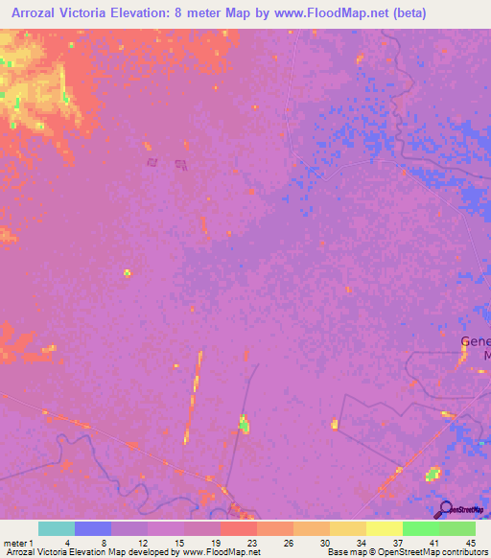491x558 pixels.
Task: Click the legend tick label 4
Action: tap(66, 542)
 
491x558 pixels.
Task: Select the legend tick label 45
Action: tap(470, 542)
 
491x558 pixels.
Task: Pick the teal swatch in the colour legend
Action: tap(57, 528)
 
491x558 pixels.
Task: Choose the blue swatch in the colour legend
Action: tap(93, 528)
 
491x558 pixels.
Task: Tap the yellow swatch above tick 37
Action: tap(384, 528)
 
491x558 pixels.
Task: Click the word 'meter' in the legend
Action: tap(15, 542)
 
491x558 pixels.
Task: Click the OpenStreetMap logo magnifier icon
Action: tap(443, 509)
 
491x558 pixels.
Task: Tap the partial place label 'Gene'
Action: tap(476, 342)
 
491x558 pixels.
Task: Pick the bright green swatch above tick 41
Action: tap(420, 528)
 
